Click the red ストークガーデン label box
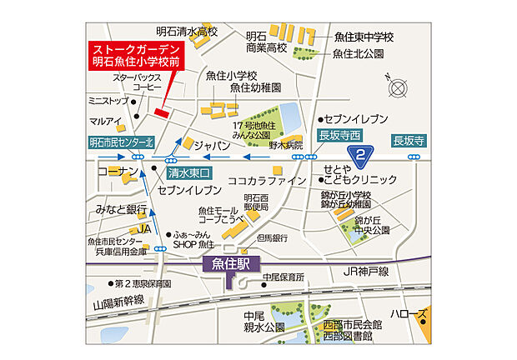pos(137,56)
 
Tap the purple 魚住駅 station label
pos(229,266)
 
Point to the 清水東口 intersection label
pos(190,173)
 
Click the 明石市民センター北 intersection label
pos(122,142)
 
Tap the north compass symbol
pos(396,87)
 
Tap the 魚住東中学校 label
pos(364,37)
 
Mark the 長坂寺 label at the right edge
pos(409,140)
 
